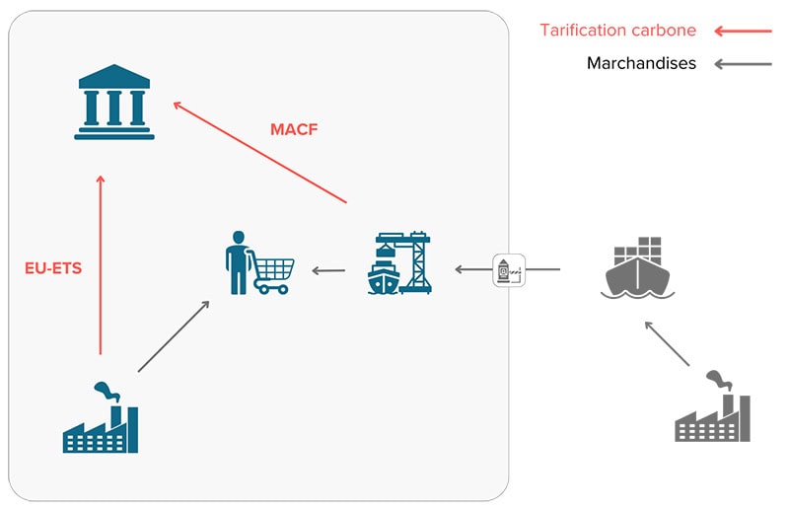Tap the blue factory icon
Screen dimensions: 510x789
(x=100, y=418)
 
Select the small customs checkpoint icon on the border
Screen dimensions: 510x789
(x=509, y=268)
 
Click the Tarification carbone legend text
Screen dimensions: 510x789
(x=617, y=31)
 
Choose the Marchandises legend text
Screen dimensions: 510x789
(x=641, y=63)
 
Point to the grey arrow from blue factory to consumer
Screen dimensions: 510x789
(x=174, y=336)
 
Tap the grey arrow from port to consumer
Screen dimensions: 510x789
(x=328, y=268)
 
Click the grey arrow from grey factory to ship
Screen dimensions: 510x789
(x=666, y=342)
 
